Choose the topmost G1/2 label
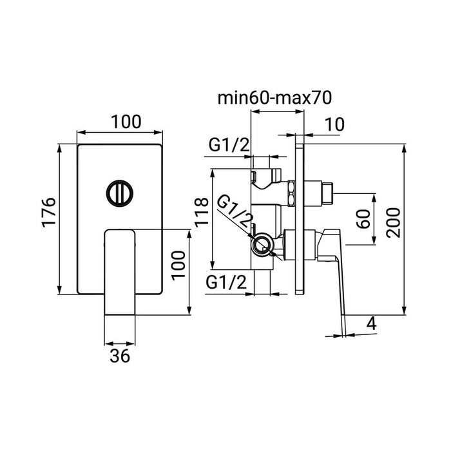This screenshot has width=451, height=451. pos(229,145)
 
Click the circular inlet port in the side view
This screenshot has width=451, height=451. pos(260,244)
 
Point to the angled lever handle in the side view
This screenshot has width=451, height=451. pos(336,271)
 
